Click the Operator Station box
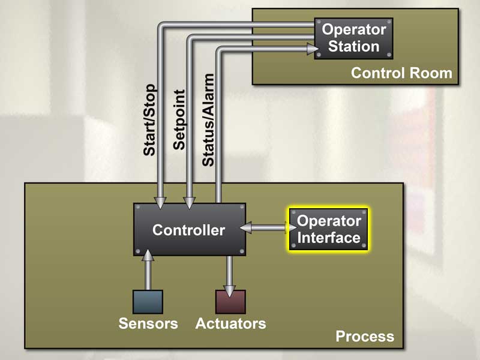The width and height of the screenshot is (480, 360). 353,38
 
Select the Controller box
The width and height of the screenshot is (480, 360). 189,230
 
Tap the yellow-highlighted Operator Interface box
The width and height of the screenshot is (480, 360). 329,229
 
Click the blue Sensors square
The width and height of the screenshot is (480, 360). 148,301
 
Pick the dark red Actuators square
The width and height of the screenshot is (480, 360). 230,301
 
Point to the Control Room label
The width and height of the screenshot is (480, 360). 401,73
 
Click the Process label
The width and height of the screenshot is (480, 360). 365,336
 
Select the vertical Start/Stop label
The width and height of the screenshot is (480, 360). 149,120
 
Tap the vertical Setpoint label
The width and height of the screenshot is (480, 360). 179,120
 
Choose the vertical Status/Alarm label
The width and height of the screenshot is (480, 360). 208,120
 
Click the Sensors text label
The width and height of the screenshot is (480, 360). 148,324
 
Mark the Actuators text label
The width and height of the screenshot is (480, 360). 230,324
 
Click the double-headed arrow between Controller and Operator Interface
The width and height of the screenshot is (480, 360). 268,227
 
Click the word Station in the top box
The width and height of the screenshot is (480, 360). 354,46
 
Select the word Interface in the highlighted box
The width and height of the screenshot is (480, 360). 329,238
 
